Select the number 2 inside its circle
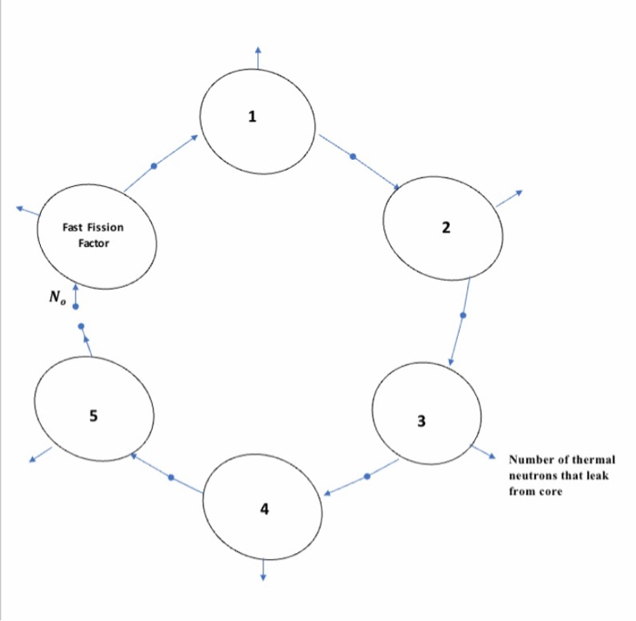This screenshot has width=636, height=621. (x=445, y=227)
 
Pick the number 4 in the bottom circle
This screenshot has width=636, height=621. (x=264, y=509)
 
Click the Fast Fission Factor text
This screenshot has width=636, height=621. (x=93, y=236)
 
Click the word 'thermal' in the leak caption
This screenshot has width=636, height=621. (x=593, y=459)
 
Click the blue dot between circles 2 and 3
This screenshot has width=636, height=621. (x=463, y=316)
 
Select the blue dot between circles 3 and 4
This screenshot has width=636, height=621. (x=367, y=476)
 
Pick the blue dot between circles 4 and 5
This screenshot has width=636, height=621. (x=171, y=477)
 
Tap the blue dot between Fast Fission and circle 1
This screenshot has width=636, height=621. (x=154, y=165)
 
